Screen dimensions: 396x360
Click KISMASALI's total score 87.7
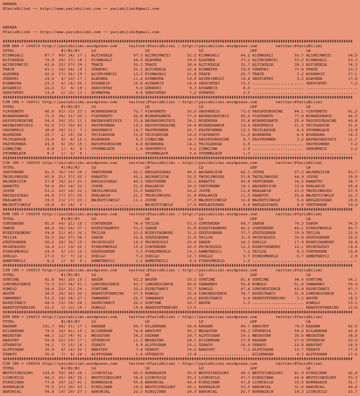coord(49,55)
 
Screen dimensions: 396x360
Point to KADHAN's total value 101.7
coord(48,326)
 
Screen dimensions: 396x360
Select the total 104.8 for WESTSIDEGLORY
coord(48,373)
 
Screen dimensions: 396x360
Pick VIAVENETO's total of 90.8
coord(49,111)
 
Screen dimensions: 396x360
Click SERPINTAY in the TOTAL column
coord(13,93)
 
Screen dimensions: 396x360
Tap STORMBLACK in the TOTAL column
coord(14,153)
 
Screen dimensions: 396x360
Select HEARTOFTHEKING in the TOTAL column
coord(19,308)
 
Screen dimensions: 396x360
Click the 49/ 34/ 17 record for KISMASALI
coord(70,55)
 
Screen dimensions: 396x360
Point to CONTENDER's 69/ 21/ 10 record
coord(70,224)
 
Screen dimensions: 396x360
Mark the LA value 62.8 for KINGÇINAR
coord(353,373)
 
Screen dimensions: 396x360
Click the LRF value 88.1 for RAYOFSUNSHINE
coord(299,111)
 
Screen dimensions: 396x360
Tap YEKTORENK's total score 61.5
coord(49,172)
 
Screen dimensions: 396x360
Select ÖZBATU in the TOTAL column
coord(10,354)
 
